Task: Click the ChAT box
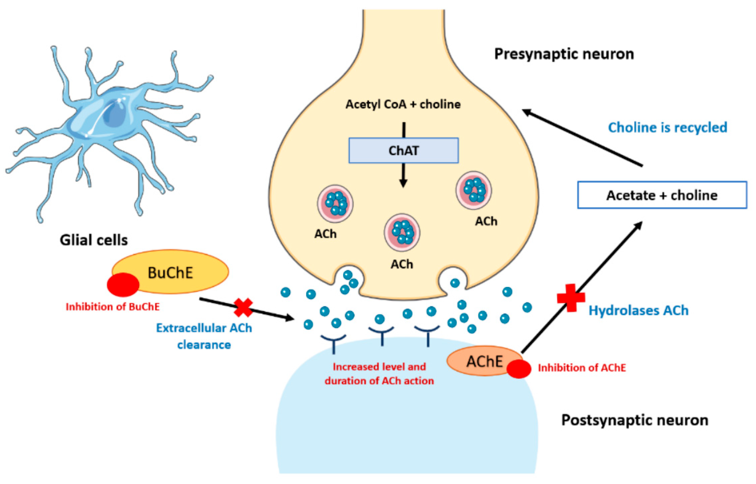[x=403, y=151]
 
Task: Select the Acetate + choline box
[x=662, y=195]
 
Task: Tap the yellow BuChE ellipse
[x=176, y=272]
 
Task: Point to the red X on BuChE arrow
[x=243, y=307]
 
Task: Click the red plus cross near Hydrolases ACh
[x=571, y=298]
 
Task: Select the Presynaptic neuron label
[x=564, y=54]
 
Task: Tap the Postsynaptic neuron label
[x=635, y=420]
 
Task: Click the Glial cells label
[x=94, y=240]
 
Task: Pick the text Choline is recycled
[x=668, y=127]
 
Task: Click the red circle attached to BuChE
[x=123, y=285]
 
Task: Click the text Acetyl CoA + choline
[x=403, y=104]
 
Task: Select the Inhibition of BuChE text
[x=113, y=307]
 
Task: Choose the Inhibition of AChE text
[x=582, y=368]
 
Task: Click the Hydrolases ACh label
[x=638, y=310]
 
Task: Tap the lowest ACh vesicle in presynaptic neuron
[x=402, y=233]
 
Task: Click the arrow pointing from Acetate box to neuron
[x=581, y=137]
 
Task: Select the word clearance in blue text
[x=204, y=345]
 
